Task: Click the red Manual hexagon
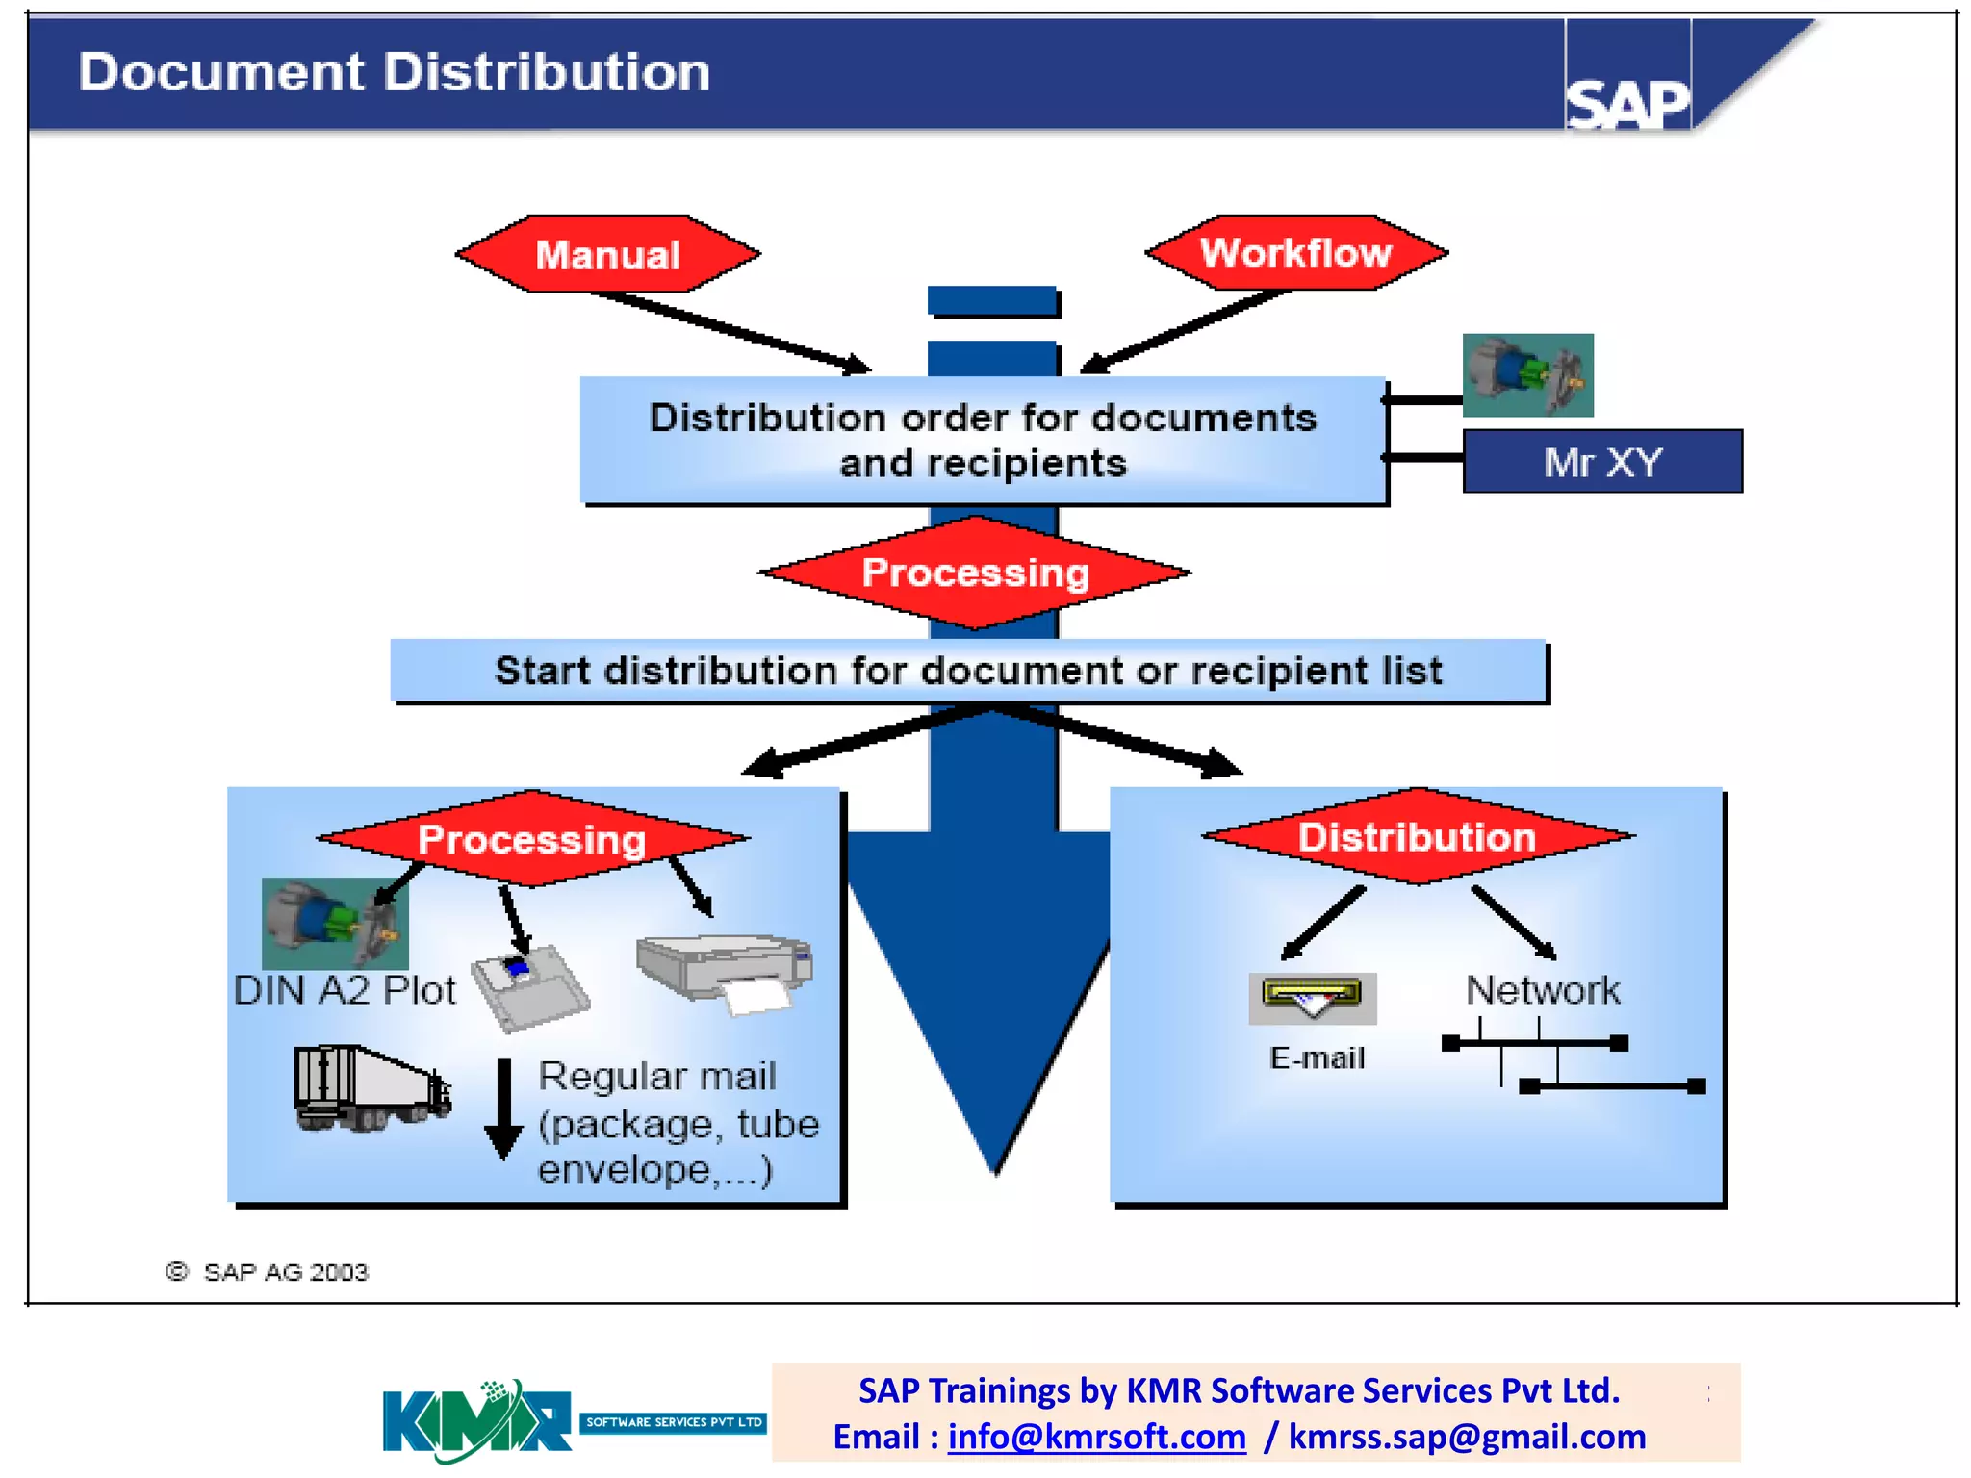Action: point(607,255)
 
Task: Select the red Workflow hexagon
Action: point(1295,253)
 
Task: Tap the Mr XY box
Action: point(1601,462)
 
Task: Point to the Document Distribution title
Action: point(394,72)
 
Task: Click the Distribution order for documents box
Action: point(983,440)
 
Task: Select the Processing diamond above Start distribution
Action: point(975,573)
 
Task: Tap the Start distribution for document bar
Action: point(968,671)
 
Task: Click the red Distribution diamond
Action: point(1417,837)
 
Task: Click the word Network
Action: point(1543,990)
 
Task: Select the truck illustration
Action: point(371,1088)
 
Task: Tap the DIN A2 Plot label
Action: point(345,991)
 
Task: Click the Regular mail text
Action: point(657,1076)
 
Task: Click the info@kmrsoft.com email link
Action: point(1096,1437)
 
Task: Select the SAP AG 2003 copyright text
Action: point(269,1272)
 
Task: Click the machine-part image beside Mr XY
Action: point(1527,375)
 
